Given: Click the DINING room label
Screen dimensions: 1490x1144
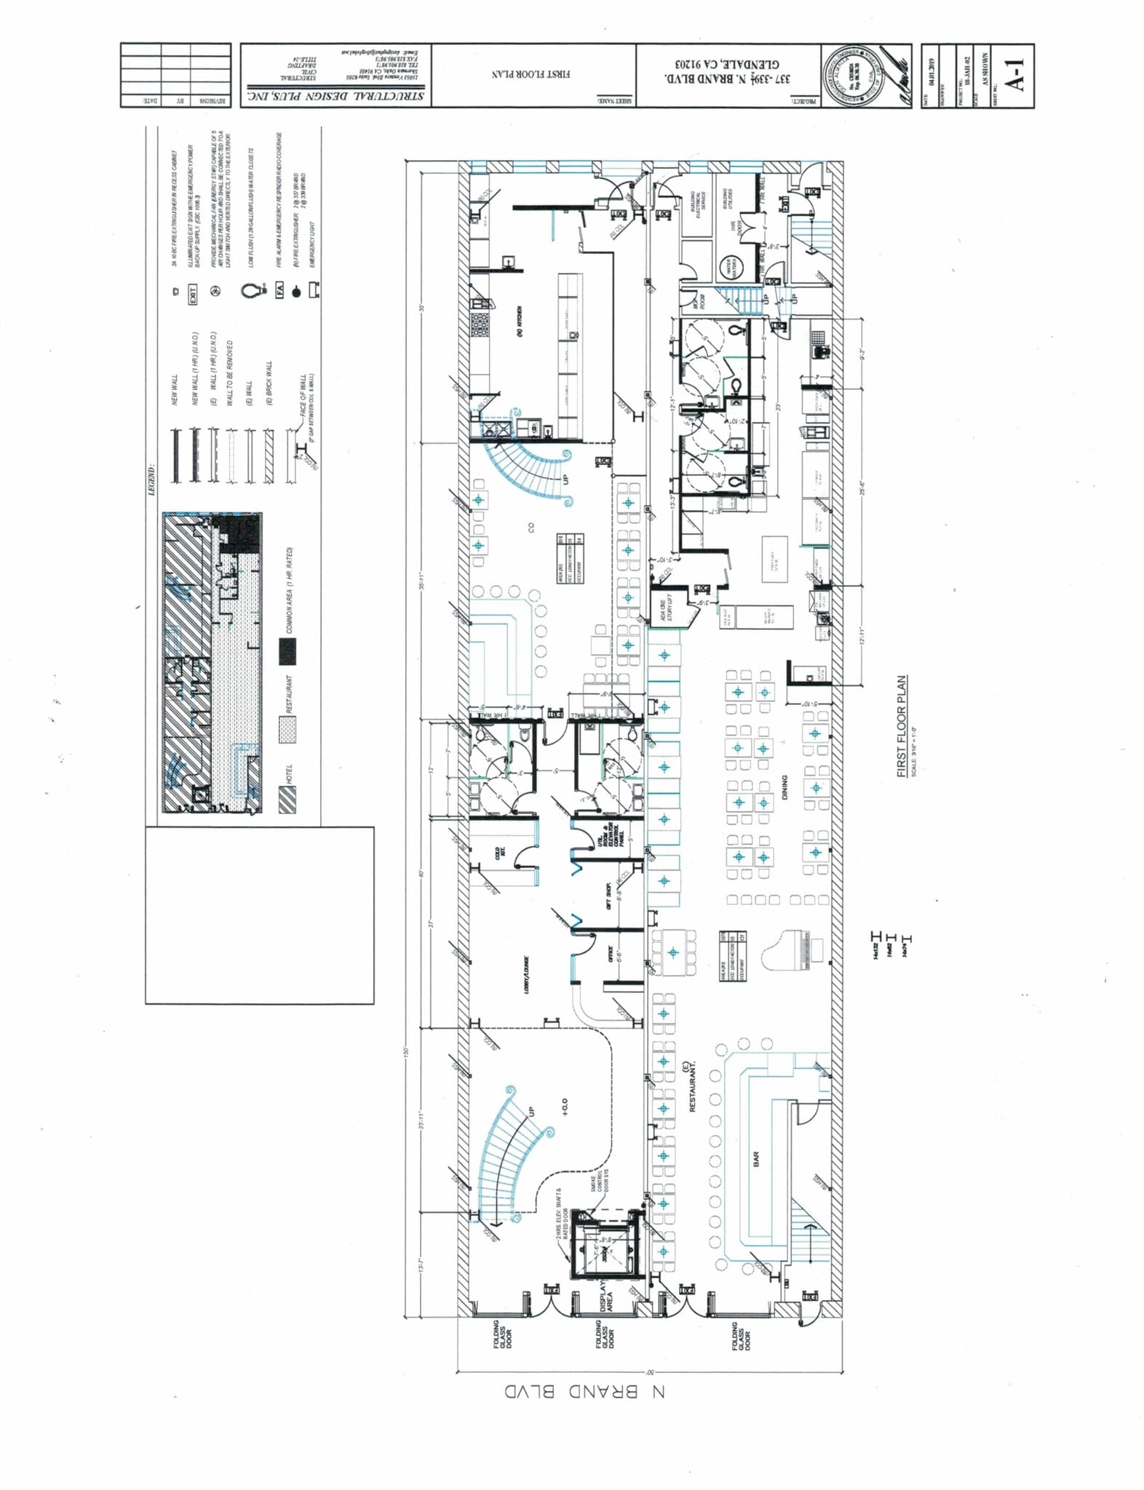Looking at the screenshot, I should coord(784,788).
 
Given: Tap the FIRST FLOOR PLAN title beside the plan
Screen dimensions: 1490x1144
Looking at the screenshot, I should coord(902,727).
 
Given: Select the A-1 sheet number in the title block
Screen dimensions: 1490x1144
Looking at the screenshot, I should coord(1017,75).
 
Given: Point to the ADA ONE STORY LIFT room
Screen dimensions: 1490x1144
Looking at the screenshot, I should coord(670,607).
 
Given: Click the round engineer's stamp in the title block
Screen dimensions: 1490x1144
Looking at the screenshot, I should coord(849,75).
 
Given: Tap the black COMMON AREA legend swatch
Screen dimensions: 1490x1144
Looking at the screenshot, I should coord(288,653).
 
